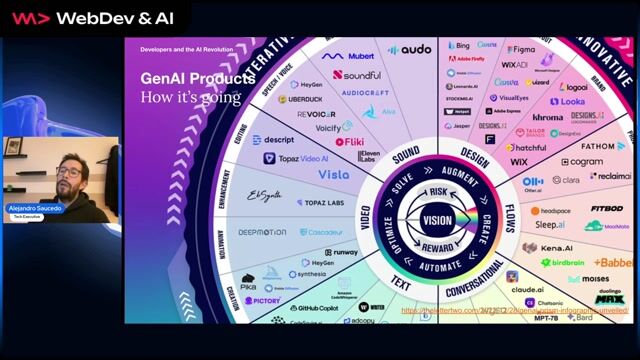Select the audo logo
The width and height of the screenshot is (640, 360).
pos(409,49)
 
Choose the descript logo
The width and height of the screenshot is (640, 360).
pos(276,140)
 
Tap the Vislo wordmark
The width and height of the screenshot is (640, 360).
pos(333,174)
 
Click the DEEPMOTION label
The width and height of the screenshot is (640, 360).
pos(262,232)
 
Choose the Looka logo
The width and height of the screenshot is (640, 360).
pos(567,101)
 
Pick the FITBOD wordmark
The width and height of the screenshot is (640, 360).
pos(606,210)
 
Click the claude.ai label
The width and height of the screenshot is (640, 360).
pos(526,289)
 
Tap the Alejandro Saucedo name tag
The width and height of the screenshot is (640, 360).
pos(36,208)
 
